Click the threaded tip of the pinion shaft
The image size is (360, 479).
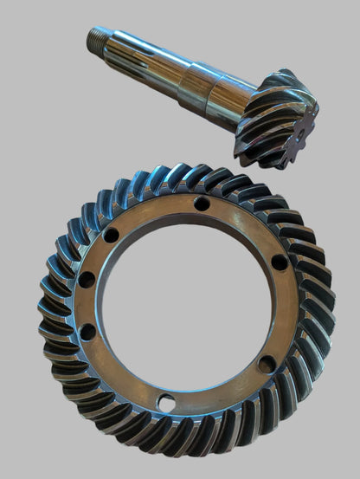click(95, 38)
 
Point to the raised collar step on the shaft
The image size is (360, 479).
click(188, 87)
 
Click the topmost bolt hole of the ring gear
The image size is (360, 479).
click(202, 204)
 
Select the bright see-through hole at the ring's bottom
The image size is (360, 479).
click(165, 401)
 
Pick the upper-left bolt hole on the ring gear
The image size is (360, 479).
click(112, 235)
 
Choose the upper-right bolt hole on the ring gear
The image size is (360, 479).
click(280, 261)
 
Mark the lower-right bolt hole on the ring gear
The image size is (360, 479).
click(267, 363)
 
